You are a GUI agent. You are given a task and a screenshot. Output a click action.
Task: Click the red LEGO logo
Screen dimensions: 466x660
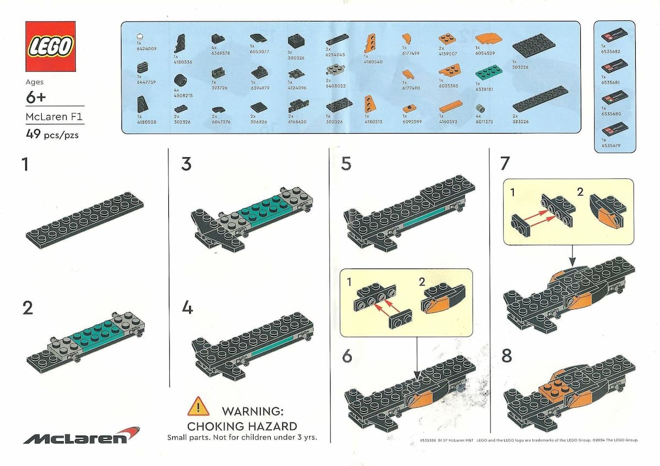pos(51,47)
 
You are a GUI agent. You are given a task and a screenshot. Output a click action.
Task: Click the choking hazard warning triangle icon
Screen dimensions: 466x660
pos(198,407)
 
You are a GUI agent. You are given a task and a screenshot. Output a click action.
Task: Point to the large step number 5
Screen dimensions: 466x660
pos(346,164)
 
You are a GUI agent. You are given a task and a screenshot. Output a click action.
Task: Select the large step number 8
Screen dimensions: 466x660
pos(507,356)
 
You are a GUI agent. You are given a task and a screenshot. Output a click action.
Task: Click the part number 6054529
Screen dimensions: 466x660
pos(487,53)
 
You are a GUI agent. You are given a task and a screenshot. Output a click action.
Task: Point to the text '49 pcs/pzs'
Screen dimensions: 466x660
pos(52,134)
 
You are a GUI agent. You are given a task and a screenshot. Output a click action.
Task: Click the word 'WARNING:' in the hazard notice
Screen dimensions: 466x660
pos(252,411)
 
